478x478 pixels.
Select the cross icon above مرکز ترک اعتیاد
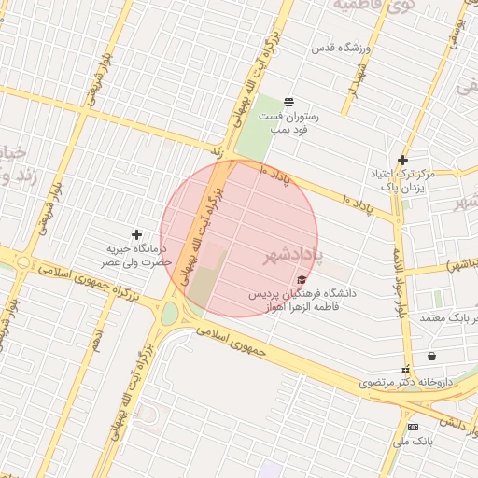[402, 160]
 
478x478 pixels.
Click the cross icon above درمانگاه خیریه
[137, 234]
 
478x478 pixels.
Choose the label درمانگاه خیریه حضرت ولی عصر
[137, 256]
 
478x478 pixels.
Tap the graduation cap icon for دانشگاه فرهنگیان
[301, 279]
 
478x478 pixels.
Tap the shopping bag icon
[431, 356]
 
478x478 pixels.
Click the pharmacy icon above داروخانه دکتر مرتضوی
[405, 369]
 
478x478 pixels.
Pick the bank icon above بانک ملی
[414, 426]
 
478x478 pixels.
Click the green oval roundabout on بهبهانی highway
[170, 313]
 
